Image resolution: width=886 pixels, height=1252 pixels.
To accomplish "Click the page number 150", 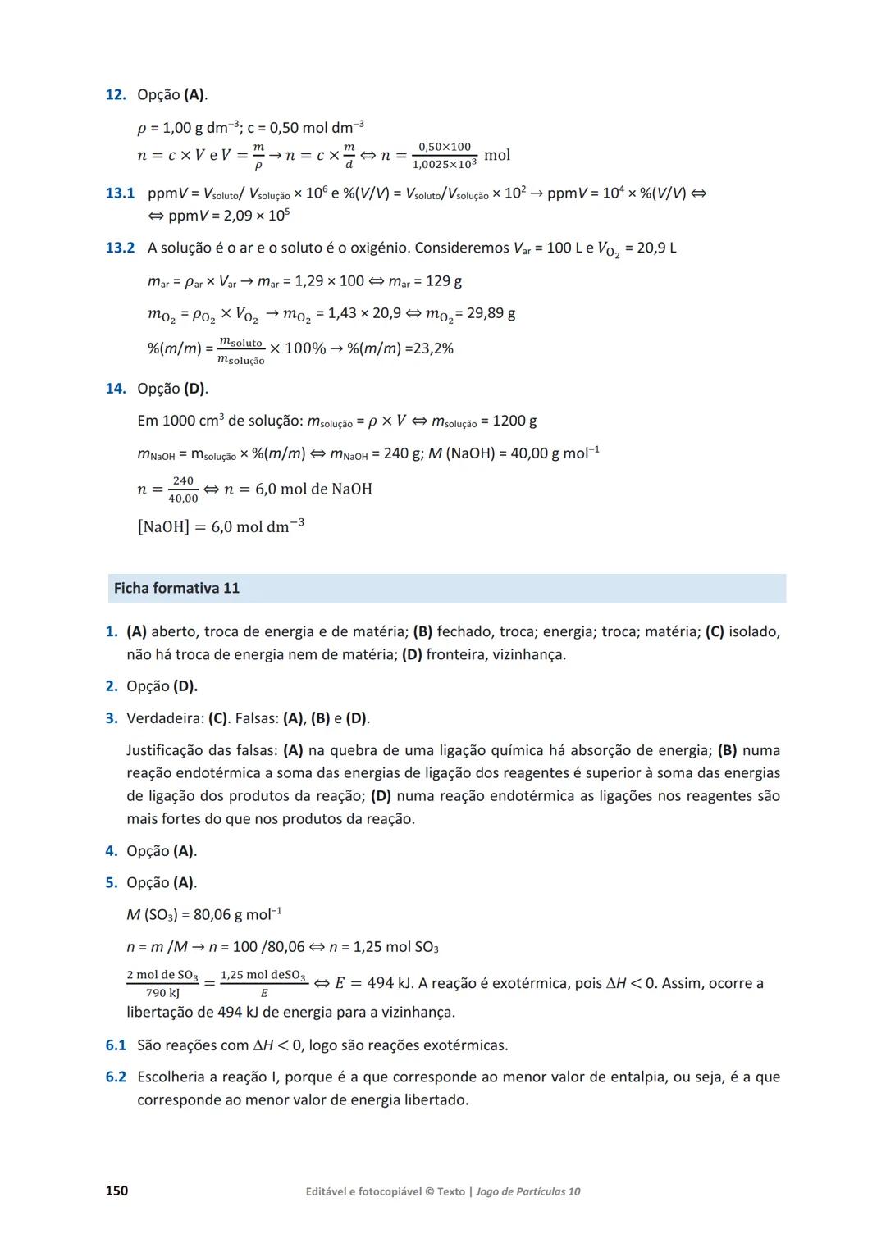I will [116, 1191].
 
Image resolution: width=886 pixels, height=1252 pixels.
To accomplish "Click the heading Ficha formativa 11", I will [176, 588].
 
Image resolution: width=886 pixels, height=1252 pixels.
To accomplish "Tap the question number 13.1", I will [120, 193].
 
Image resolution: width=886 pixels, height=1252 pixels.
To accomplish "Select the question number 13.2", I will [120, 248].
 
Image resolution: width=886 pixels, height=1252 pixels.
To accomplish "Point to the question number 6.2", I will [116, 1077].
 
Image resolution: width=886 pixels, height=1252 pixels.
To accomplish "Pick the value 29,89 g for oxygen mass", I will [491, 313].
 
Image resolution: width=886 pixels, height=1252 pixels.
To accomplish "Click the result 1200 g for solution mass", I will [514, 421].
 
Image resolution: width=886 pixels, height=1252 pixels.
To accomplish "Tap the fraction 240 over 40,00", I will [183, 489].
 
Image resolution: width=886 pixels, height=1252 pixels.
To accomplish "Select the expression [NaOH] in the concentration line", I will [163, 526].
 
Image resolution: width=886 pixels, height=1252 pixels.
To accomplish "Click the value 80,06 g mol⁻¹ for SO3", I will [237, 914].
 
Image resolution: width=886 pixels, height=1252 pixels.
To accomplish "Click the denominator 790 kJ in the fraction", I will [162, 993].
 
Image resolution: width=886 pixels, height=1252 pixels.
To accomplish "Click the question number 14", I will [115, 389].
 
